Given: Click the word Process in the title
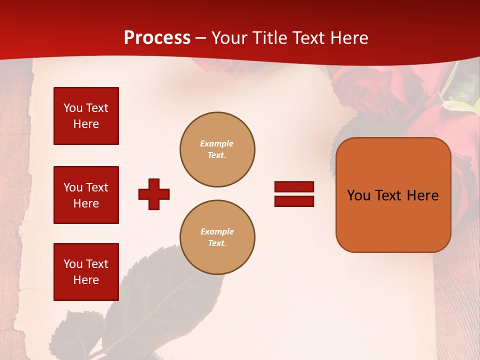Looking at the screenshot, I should coord(157,38).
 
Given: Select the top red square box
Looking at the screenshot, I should coord(86,116).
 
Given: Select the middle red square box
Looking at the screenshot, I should coord(86,195).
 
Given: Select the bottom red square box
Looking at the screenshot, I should coord(86,272).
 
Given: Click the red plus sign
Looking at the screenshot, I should coord(154,194).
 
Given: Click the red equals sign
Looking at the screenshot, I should coord(294,194).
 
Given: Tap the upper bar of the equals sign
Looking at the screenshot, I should coord(294,187).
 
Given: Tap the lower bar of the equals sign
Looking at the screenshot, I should coord(294,201).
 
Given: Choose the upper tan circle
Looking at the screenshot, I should coord(217,149).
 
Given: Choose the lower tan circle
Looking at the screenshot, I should coord(217,237).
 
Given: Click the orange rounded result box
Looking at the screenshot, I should coord(393,195).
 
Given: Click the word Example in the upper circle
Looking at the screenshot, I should coord(217,143).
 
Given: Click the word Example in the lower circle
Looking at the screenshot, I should coord(217,231).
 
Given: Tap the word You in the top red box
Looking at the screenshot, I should coord(72,108).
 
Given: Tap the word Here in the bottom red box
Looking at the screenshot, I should coord(86,280).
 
